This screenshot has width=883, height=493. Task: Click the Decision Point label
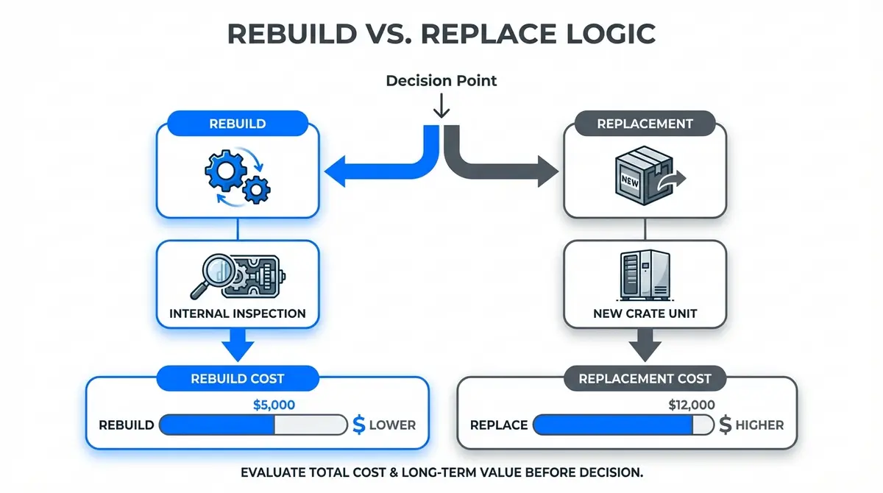(441, 80)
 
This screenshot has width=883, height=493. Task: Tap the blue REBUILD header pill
(237, 123)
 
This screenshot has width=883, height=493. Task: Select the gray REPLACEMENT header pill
(645, 124)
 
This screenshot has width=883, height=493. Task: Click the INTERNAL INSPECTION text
(237, 313)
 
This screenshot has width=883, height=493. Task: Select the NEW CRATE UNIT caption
(645, 313)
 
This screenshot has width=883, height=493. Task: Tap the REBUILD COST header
(237, 379)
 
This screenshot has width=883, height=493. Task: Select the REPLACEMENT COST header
(645, 379)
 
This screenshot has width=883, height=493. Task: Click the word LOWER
(392, 425)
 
